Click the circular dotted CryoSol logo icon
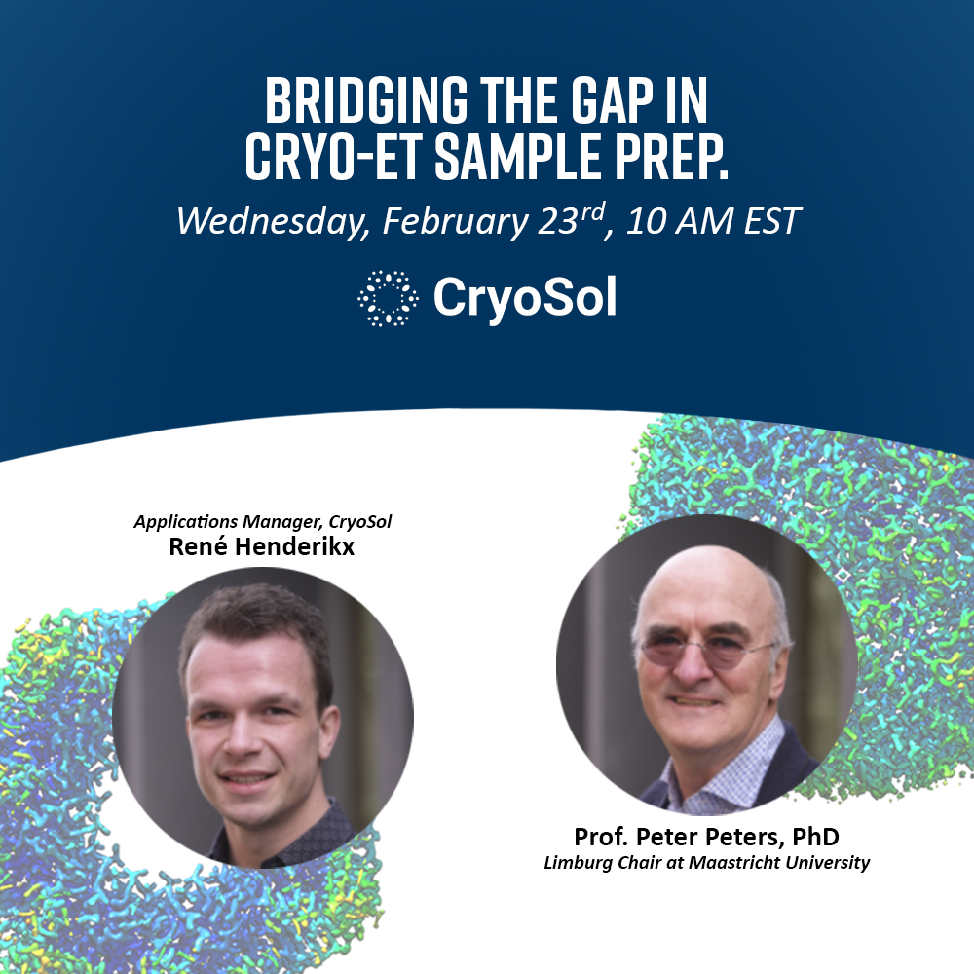[x=388, y=297]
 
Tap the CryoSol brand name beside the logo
[x=525, y=297]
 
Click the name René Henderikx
[x=262, y=546]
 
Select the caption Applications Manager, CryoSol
[x=262, y=522]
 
